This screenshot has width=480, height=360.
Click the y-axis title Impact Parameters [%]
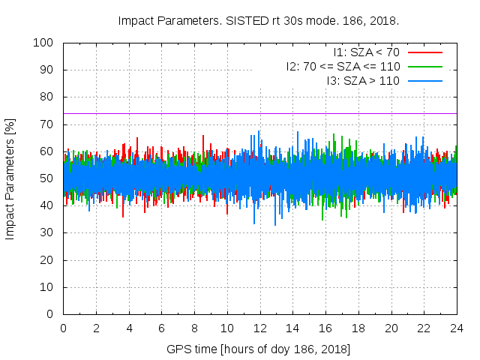[x=10, y=178]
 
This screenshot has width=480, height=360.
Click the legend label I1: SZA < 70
[x=367, y=52]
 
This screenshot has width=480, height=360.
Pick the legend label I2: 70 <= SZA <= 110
[x=343, y=66]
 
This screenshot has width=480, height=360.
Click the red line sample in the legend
[x=424, y=52]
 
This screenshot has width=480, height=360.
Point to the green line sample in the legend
[x=424, y=66]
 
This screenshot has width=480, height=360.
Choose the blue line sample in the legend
[x=424, y=80]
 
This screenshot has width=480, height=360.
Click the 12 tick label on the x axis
[x=260, y=328]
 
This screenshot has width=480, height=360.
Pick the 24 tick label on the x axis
[x=457, y=328]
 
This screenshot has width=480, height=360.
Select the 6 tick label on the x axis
[x=162, y=328]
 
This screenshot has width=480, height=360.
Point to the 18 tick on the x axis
[x=358, y=328]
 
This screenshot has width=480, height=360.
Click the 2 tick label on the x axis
[x=96, y=328]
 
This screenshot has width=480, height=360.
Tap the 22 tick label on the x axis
[x=424, y=328]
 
